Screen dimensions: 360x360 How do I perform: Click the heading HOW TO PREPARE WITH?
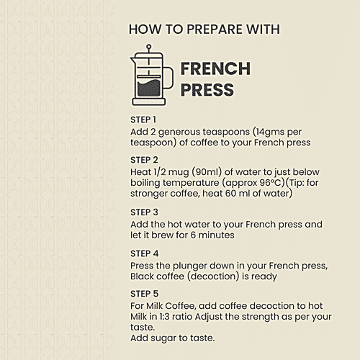point(204,30)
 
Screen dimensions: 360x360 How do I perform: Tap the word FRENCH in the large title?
point(215,69)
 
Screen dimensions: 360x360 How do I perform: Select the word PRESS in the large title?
point(207,90)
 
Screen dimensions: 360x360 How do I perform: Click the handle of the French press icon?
point(168,77)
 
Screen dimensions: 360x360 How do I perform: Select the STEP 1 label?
point(143,120)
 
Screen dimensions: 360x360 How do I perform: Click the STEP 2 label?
point(144,160)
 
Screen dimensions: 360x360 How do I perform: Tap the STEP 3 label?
point(144,212)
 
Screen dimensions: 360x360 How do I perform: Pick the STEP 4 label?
point(144,253)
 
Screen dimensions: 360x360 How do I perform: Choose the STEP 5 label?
point(144,294)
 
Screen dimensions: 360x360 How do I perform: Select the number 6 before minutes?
point(192,235)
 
